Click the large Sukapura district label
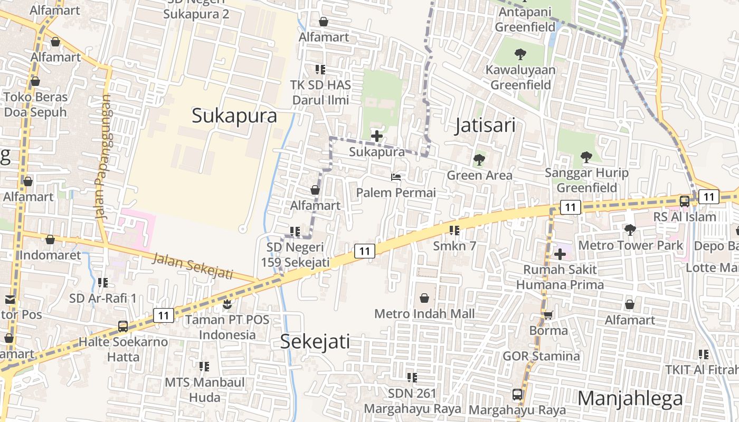coord(234,116)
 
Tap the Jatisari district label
coord(485,126)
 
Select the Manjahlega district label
coord(630,398)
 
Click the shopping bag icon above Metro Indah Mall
coord(424,299)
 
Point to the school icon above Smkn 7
coord(454,231)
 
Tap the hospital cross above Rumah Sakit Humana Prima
coord(560,254)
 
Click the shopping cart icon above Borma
coord(548,315)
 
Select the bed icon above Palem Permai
coord(396,177)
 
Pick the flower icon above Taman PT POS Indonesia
coord(227,304)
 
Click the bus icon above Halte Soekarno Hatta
coord(123,327)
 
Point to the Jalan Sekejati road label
coord(193,266)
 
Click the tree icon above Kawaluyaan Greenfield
coord(520,54)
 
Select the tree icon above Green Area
coord(479,159)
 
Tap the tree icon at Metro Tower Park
coord(630,230)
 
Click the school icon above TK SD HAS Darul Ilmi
coord(320,69)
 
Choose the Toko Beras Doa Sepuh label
coord(36,104)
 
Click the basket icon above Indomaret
coord(50,240)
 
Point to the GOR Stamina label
coord(541,356)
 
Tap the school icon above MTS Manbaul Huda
coord(204,366)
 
